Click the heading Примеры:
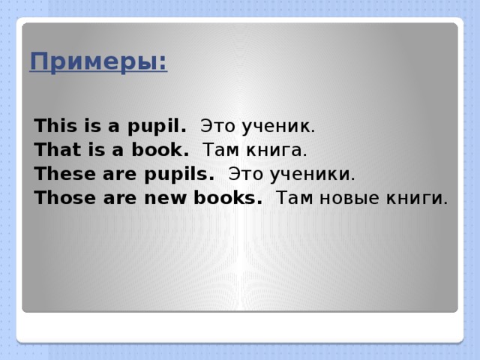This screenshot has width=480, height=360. pyautogui.click(x=98, y=61)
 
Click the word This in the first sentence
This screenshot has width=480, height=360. pyautogui.click(x=51, y=124)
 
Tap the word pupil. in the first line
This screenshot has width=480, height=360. pyautogui.click(x=160, y=124)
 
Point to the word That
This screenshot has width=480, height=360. pyautogui.click(x=52, y=149)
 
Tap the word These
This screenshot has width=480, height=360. pyautogui.click(x=58, y=174)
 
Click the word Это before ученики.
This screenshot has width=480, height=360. pyautogui.click(x=244, y=174)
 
